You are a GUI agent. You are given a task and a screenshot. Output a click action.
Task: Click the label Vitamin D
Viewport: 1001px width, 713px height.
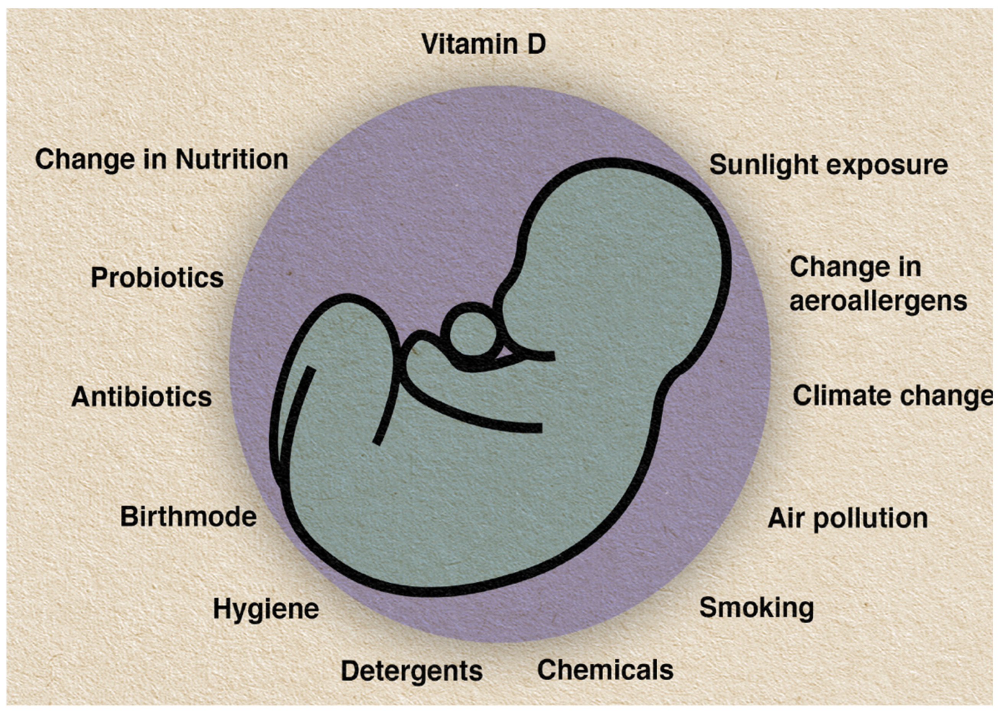tap(483, 44)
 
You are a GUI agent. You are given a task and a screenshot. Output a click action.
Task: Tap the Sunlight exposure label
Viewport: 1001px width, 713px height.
tap(828, 165)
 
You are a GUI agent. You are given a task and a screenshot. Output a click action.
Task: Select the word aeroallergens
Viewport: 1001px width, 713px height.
tap(878, 302)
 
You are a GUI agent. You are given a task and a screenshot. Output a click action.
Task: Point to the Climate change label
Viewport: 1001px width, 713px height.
tap(892, 396)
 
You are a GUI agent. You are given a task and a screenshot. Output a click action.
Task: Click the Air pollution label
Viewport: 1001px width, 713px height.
tap(848, 518)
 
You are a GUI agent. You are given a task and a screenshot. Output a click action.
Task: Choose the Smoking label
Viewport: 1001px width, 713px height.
tap(756, 608)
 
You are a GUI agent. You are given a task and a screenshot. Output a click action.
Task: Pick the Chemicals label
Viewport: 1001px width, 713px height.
tap(605, 670)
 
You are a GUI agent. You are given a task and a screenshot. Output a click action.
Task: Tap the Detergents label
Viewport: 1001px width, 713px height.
tap(411, 671)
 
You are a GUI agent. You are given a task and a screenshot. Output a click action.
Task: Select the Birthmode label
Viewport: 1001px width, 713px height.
tap(188, 516)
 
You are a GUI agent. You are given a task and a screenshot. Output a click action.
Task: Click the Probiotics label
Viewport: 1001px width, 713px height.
tap(157, 278)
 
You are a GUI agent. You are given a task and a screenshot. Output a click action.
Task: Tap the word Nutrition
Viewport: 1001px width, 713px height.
tap(232, 159)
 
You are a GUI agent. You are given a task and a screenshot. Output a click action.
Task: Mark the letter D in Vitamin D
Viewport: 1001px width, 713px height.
tap(536, 44)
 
